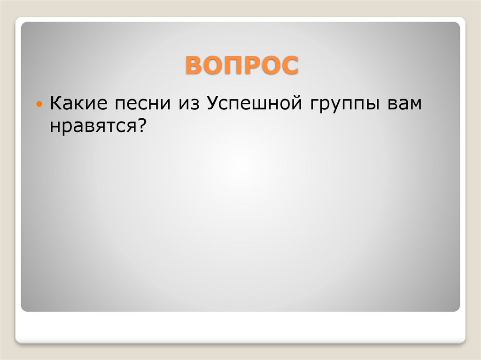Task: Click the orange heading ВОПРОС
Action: tap(241, 65)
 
